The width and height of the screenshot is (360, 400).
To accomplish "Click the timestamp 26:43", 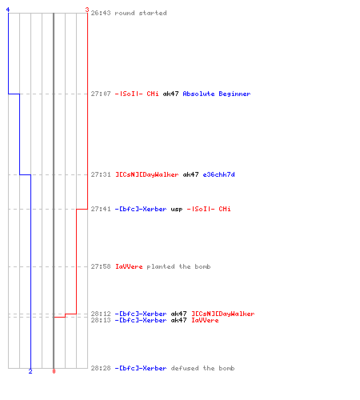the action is (101, 13).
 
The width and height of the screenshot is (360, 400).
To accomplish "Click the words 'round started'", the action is (141, 13).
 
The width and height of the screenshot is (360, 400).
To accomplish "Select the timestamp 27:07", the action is (101, 94).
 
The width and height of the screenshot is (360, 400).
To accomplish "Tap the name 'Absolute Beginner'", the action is (217, 94).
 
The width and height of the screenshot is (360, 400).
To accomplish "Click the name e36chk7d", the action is (218, 174).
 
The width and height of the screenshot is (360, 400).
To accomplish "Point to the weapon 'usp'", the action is (177, 209).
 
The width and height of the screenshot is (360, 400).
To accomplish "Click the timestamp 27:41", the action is (101, 209).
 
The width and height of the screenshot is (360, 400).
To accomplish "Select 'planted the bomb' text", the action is (178, 266).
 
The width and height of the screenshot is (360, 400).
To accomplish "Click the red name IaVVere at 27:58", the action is (129, 266).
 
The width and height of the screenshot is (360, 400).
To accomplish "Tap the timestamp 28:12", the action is (101, 314).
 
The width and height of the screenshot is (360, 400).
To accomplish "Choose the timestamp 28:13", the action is (101, 320).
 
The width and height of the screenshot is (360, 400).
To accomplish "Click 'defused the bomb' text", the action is (202, 368).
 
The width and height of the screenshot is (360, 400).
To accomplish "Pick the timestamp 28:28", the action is (101, 368).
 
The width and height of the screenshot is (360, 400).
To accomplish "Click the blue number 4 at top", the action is (8, 10).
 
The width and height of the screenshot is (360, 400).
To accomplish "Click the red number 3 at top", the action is (87, 10).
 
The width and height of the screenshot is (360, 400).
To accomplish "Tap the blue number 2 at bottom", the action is (30, 371).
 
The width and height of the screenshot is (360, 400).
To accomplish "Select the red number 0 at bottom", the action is (54, 371).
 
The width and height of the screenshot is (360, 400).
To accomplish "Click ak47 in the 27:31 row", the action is (190, 174).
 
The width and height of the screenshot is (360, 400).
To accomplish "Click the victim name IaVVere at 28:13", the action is (205, 320).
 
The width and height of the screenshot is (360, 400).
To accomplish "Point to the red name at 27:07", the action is (137, 94).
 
